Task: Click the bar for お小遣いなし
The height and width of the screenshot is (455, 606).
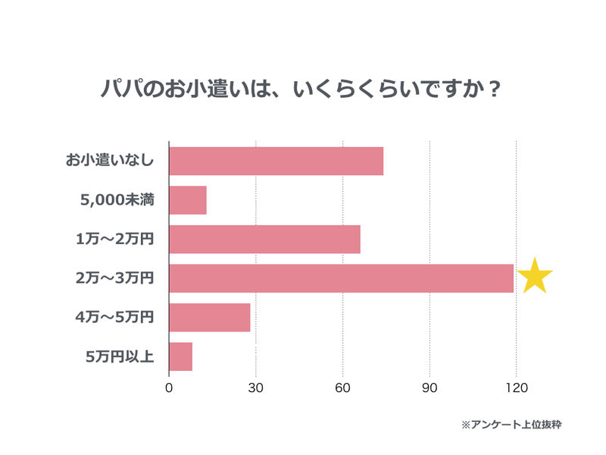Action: coord(276,161)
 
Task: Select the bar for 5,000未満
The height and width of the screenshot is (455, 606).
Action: coord(188,200)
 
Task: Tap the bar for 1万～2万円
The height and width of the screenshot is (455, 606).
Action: coord(264,239)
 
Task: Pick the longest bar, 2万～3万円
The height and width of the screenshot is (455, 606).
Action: coord(341,278)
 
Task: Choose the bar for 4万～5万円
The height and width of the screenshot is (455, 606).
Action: coord(209,317)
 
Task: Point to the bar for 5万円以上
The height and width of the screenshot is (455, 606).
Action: coord(180,356)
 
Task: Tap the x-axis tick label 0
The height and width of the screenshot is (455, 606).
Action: coord(169,388)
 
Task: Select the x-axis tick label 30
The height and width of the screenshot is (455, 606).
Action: coord(256,388)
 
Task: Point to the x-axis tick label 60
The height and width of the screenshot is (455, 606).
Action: coord(342,388)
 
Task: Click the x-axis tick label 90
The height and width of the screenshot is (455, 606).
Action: coord(430,388)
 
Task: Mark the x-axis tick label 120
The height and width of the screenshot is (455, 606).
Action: coord(516,388)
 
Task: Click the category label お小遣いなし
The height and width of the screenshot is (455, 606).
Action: coord(110,161)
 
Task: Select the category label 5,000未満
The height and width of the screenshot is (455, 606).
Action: coord(117,200)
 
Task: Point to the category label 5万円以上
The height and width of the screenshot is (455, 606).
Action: coord(120,356)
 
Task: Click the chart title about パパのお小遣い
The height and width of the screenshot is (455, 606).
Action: coord(301,88)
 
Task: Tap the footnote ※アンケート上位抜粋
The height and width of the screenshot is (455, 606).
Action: coord(511,425)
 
